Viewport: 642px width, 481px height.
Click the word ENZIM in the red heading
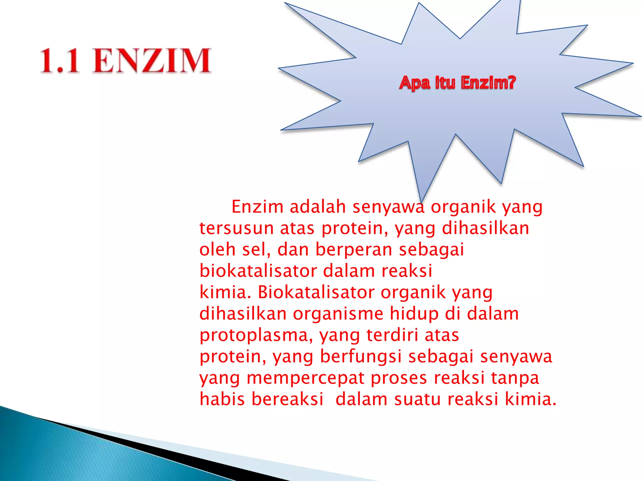click(151, 61)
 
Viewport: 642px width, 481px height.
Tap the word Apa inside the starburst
click(414, 83)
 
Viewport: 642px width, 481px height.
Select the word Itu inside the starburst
click(445, 83)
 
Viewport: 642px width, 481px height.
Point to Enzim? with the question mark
click(488, 83)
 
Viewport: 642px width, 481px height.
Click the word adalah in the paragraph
click(318, 207)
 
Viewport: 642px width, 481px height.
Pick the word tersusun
click(236, 228)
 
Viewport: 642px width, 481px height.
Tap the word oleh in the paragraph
click(217, 250)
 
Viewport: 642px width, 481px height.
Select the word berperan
click(354, 250)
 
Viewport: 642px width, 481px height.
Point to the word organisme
click(338, 314)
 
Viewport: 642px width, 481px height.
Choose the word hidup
click(414, 314)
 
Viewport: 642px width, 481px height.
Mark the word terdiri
click(392, 335)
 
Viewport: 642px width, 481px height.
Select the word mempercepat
click(305, 378)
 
